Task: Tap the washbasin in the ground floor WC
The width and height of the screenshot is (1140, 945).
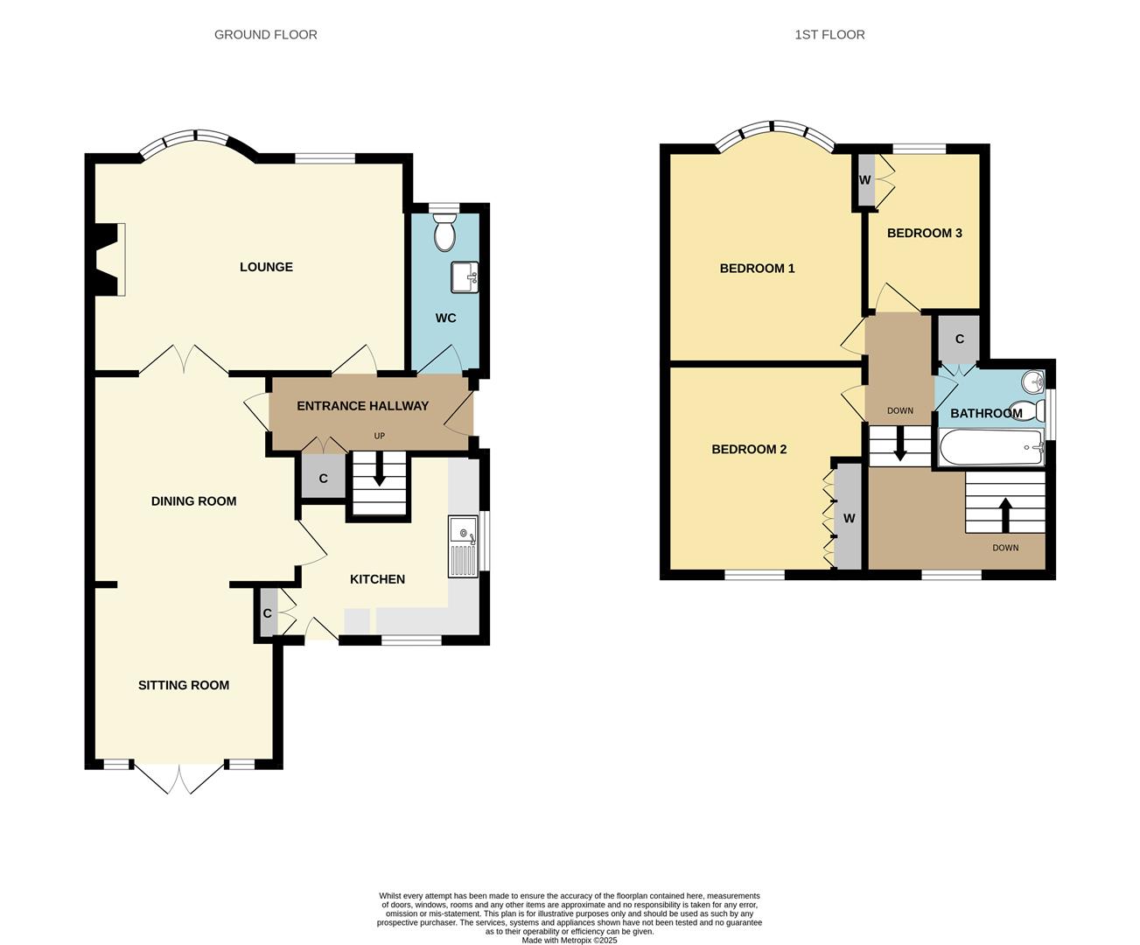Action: tap(464, 277)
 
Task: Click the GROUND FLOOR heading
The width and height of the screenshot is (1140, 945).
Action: tap(266, 35)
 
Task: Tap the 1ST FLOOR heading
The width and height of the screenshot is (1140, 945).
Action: tap(829, 35)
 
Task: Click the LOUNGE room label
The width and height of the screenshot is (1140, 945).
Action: tap(266, 267)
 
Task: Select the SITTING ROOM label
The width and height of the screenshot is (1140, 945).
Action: tap(184, 685)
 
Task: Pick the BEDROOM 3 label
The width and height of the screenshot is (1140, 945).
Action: tap(924, 233)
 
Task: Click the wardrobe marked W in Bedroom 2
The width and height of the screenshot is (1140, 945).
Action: tap(849, 518)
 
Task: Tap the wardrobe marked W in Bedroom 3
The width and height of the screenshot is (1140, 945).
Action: tap(865, 180)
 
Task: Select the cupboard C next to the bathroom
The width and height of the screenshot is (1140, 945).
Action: tap(959, 339)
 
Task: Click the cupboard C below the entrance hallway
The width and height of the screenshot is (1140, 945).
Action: tap(323, 478)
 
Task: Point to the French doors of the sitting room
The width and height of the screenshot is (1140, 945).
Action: tap(179, 778)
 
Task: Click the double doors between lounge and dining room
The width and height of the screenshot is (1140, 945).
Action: tap(184, 360)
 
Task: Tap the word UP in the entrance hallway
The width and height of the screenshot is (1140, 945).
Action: tap(380, 436)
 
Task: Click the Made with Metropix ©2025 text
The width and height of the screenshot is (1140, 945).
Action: tap(570, 941)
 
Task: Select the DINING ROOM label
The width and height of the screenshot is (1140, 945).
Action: tap(193, 501)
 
